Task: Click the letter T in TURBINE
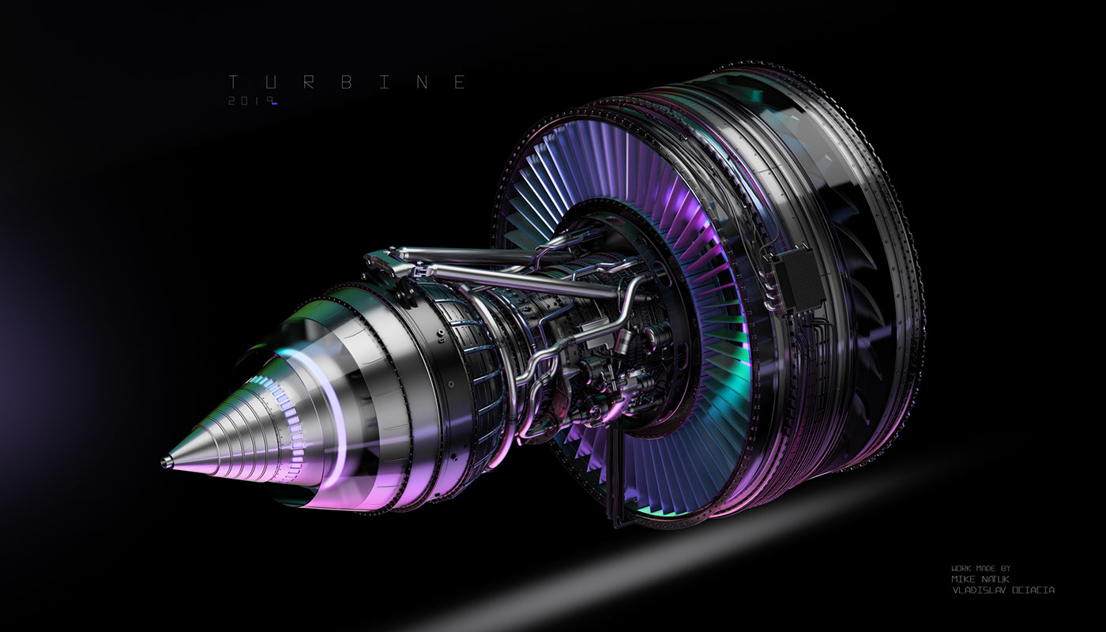(233, 82)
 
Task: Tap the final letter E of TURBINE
(460, 82)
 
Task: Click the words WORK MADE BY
(980, 568)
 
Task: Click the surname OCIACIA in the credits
(1034, 590)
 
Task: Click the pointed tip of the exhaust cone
(166, 462)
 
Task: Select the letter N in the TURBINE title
(421, 82)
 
